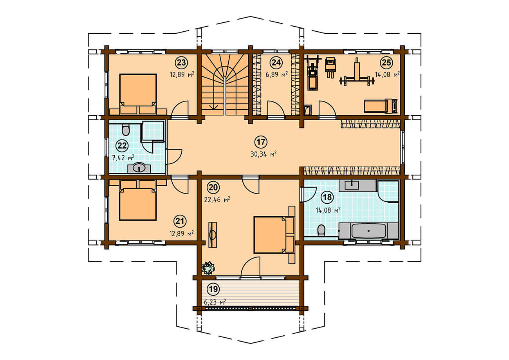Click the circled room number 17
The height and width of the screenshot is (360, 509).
(261, 142)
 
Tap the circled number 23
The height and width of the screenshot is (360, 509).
(181, 62)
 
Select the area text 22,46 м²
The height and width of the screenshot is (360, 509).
(217, 200)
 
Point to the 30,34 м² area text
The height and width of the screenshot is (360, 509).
(264, 154)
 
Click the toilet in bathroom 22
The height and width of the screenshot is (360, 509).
(125, 130)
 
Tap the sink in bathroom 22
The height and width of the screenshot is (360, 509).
(139, 168)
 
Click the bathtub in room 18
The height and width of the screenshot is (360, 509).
(368, 231)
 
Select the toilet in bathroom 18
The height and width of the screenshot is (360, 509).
(321, 231)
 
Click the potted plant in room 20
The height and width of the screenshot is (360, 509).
(208, 268)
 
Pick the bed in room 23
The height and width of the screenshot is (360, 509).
(138, 94)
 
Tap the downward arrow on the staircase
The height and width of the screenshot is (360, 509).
(214, 107)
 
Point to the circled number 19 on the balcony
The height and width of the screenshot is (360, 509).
(213, 289)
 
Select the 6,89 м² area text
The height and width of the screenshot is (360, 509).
(277, 74)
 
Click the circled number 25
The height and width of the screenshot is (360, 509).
(386, 62)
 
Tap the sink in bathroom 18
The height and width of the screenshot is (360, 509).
(352, 185)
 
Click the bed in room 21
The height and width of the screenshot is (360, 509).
(138, 201)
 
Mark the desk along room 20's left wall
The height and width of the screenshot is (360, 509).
(213, 235)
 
